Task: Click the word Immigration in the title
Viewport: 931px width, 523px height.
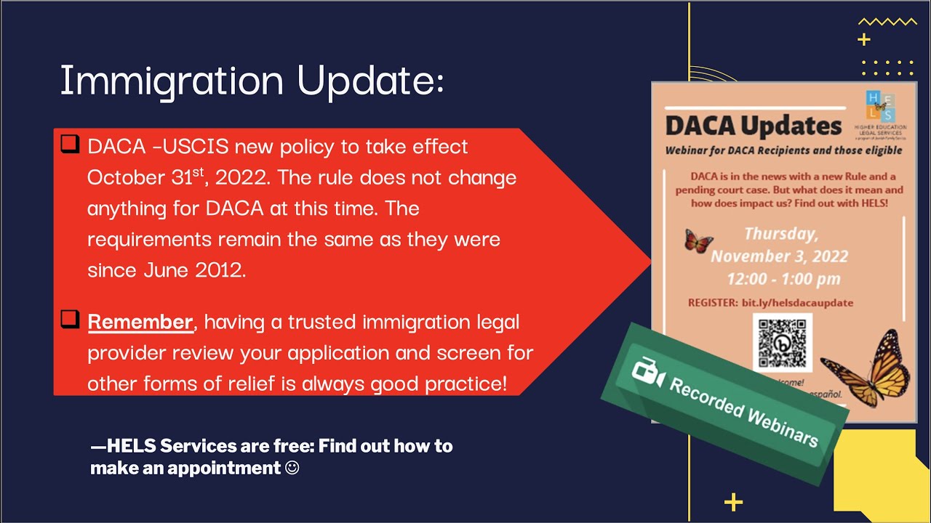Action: click(172, 81)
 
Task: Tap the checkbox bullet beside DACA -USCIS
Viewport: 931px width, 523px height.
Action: click(70, 145)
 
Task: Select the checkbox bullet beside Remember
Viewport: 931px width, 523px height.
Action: click(70, 319)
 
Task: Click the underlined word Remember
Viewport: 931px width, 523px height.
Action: click(140, 322)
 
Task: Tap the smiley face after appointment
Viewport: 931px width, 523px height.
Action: click(292, 469)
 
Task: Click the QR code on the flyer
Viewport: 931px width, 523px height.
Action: click(782, 342)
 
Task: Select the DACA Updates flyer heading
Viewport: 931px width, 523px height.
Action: click(754, 126)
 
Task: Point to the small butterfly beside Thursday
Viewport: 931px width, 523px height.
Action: click(698, 240)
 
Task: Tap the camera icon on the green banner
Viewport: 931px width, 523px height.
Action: click(647, 372)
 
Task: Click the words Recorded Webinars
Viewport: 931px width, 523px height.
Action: click(743, 411)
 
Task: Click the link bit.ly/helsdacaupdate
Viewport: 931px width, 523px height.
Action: click(797, 302)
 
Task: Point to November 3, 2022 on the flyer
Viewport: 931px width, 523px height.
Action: click(779, 256)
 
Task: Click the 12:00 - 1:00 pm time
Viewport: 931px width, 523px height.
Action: click(783, 279)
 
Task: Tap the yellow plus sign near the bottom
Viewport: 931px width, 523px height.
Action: click(734, 501)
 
